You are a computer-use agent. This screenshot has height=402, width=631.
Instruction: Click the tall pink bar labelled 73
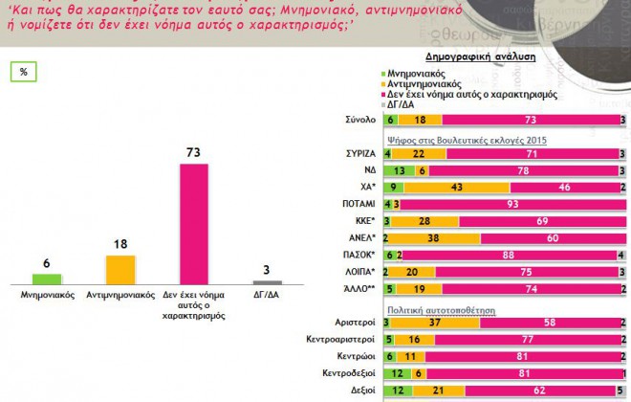coord(193,223)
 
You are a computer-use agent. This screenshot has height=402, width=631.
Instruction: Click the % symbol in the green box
coord(23,71)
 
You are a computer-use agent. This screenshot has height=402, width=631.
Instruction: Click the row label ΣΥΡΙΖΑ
coord(357,153)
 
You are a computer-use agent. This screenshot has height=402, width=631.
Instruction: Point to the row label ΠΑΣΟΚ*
coord(359,254)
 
